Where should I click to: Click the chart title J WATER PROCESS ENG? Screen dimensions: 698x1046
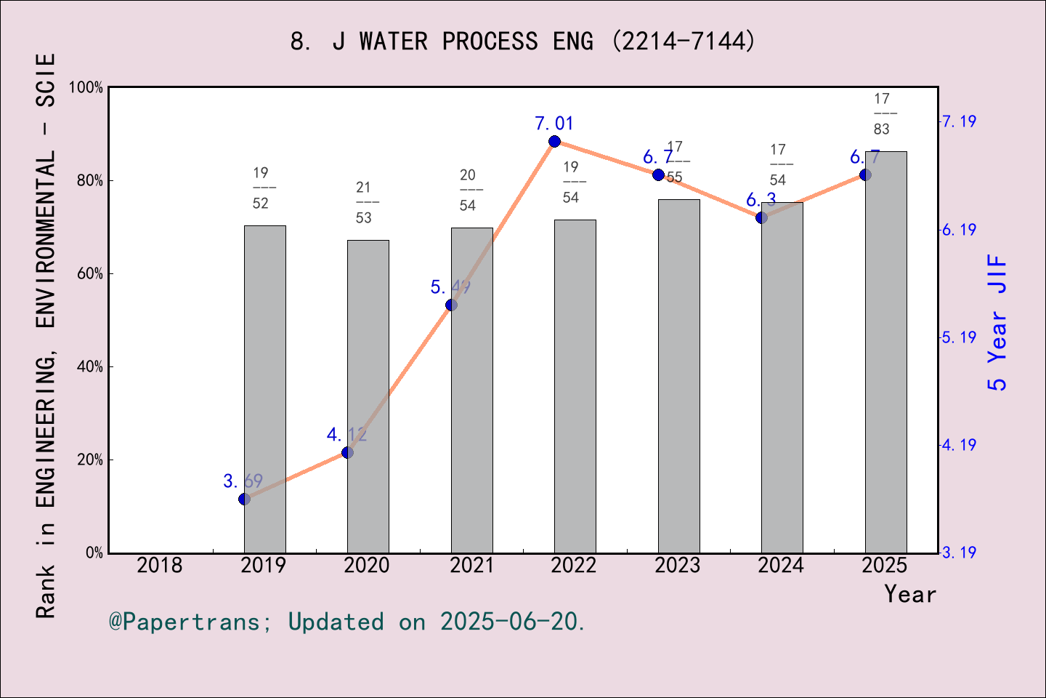coord(522,41)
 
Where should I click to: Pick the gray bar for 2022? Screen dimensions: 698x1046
coord(575,386)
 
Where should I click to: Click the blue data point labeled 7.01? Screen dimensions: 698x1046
coord(554,141)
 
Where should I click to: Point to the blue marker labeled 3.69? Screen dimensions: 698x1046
coord(245,499)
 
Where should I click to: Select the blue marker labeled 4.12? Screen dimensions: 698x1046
coord(347,452)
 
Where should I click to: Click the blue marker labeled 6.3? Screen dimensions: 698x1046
coord(761,217)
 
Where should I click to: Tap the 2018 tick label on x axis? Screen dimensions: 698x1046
coord(160,565)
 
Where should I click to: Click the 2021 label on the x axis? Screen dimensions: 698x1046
coord(471,565)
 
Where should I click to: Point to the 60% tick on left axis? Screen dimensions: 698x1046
coord(90,273)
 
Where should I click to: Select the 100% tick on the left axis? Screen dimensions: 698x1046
coord(86,87)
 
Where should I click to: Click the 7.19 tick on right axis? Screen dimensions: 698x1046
coord(959,121)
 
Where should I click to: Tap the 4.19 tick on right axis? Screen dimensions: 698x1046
coord(959,445)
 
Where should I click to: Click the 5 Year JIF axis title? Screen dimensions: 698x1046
coord(997,322)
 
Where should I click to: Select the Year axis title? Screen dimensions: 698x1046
coord(909,594)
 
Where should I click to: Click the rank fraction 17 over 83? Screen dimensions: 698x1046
coord(882,114)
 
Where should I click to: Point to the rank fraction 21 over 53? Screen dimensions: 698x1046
coord(364,203)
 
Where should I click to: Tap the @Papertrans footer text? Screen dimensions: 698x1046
coord(347,622)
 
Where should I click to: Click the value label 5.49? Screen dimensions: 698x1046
coord(450,287)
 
